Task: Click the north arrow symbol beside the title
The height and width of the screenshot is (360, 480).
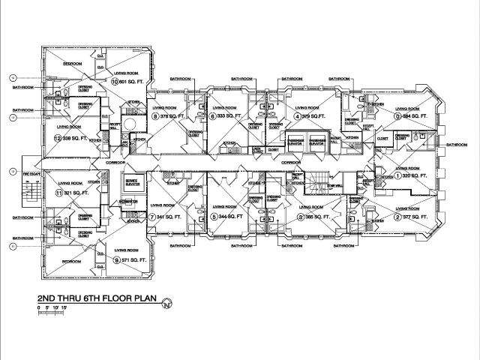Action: click(166, 304)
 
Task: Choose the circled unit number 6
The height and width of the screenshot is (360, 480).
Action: click(212, 116)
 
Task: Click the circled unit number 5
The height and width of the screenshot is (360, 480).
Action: click(214, 216)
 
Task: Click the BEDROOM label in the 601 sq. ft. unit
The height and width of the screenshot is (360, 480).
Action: click(72, 64)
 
